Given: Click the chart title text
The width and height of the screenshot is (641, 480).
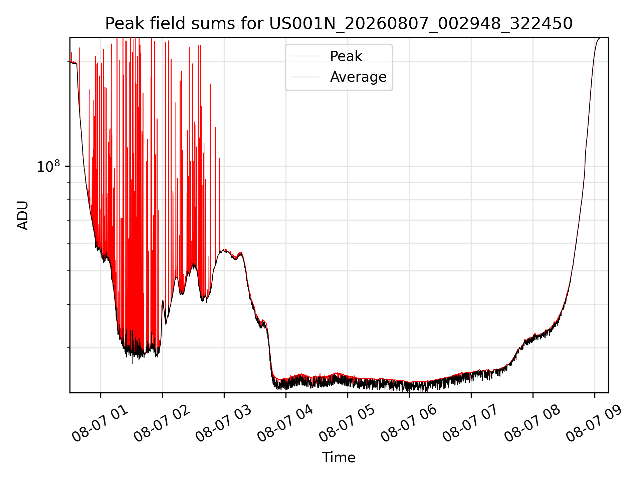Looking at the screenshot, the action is pyautogui.click(x=339, y=24).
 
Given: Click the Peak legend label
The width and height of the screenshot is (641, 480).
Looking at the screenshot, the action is pyautogui.click(x=346, y=56).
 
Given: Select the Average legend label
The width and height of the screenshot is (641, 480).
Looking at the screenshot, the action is pyautogui.click(x=358, y=77).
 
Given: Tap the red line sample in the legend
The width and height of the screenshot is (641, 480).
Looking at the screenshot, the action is pyautogui.click(x=305, y=56).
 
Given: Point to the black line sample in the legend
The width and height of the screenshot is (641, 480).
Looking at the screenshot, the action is pyautogui.click(x=305, y=77).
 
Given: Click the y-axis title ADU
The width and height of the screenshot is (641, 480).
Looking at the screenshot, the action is pyautogui.click(x=23, y=215).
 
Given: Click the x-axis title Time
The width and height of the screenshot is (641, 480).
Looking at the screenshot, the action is pyautogui.click(x=339, y=458).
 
